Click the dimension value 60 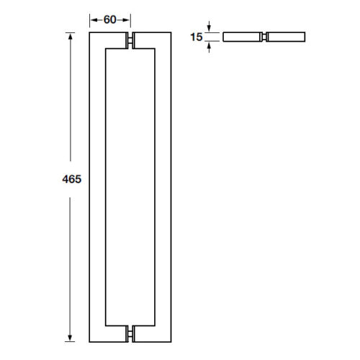tap(110, 19)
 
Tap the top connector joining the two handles tap(130, 41)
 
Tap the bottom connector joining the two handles tap(130, 333)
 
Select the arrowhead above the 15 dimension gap tap(210, 27)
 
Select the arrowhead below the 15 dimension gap tap(210, 44)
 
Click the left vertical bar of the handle tap(98, 187)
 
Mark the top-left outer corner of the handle tap(90, 32)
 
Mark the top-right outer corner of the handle tap(171, 32)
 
